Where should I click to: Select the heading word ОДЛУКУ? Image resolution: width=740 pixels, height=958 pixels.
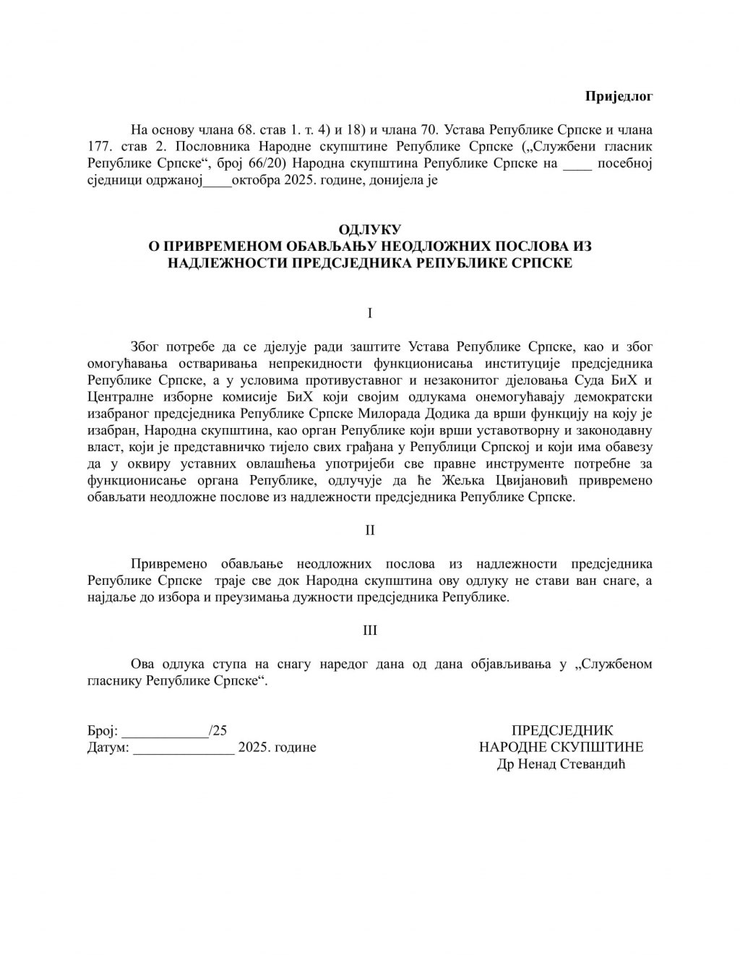pyautogui.click(x=369, y=231)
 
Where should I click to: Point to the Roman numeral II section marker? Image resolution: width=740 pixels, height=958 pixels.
pyautogui.click(x=370, y=530)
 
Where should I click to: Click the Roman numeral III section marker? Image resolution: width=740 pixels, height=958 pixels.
pyautogui.click(x=370, y=630)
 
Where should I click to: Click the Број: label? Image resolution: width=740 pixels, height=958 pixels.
pyautogui.click(x=102, y=731)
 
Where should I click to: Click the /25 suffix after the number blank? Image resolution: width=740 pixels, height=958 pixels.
pyautogui.click(x=218, y=731)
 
